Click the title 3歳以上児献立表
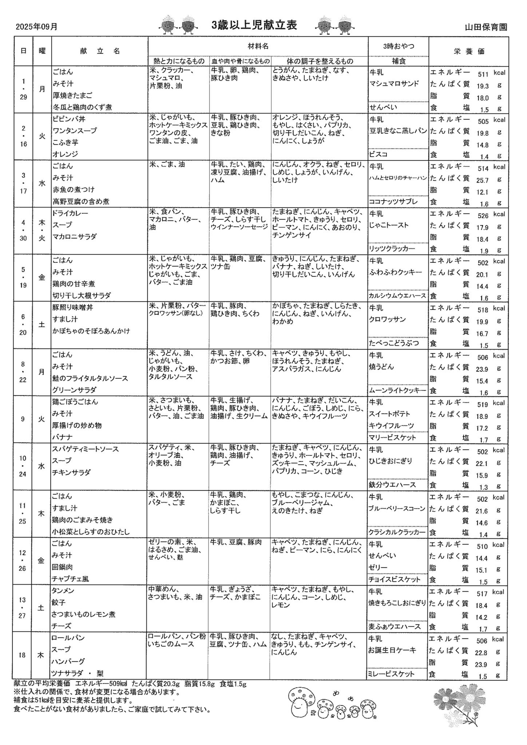point(254,25)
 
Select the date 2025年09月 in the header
point(36,27)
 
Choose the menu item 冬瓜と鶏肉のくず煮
point(82,107)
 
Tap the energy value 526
point(483,216)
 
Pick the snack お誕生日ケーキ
point(392,650)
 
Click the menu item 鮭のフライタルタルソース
point(90,378)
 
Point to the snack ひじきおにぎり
point(391,461)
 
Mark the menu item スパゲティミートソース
point(86,449)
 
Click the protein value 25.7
point(482,180)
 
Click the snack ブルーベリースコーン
point(397,509)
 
